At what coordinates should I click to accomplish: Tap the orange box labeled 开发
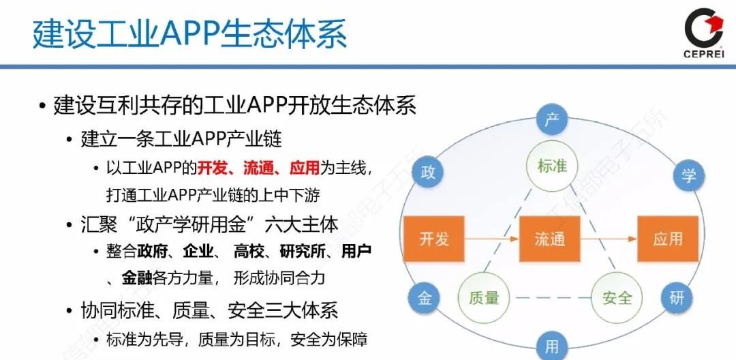pos(434,239)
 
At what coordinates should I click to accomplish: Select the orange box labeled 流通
pos(550,239)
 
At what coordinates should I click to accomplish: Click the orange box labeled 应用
pos(667,239)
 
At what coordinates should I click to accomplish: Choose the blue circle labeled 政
pos(428,172)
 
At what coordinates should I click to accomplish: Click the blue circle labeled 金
pos(424,299)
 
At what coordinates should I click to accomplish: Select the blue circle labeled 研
pos(676,298)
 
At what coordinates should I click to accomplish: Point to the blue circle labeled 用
pos(552,346)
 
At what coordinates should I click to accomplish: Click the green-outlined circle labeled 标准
pos(552,166)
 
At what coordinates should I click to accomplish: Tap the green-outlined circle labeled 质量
pos(484,298)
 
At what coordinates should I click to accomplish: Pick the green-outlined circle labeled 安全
pos(617,298)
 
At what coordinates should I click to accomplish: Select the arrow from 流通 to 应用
pos(608,239)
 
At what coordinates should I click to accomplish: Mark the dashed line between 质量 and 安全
pos(550,298)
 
